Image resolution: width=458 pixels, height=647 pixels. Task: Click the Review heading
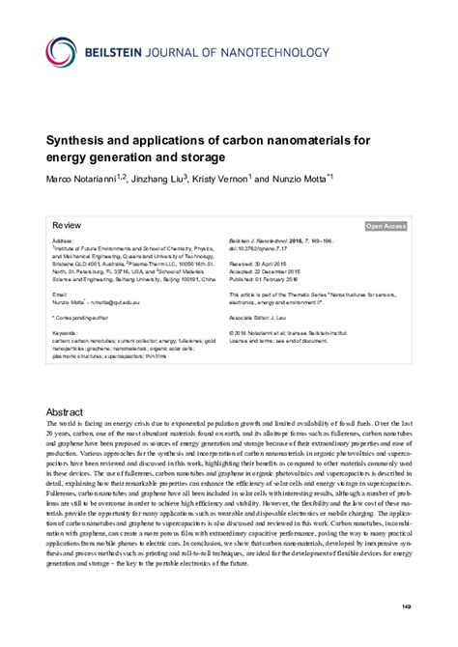pos(68,223)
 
